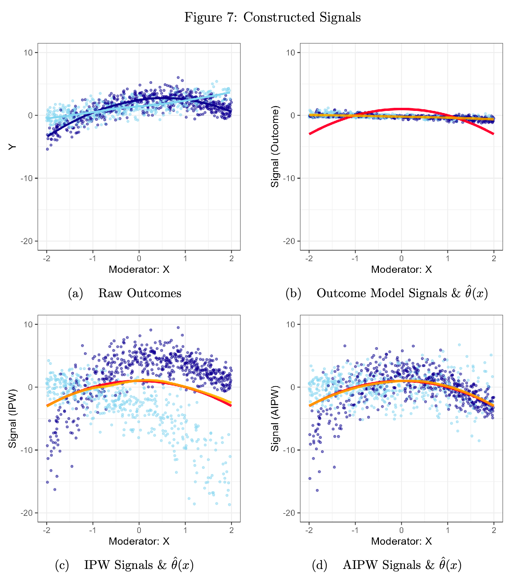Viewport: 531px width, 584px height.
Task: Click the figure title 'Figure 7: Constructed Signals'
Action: coord(272,17)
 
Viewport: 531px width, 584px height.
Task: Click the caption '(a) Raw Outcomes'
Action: coord(125,293)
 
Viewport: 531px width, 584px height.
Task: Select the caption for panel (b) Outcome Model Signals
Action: coord(386,293)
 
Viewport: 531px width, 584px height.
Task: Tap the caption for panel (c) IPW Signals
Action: coord(124,565)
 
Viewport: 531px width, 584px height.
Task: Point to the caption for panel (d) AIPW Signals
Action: coord(386,565)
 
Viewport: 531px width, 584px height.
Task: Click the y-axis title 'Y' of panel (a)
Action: coord(13,147)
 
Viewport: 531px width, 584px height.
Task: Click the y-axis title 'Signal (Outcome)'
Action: coord(275,147)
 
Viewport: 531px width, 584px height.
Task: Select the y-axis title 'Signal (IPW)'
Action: coord(13,418)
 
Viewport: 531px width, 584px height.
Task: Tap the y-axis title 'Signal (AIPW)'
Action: coord(275,418)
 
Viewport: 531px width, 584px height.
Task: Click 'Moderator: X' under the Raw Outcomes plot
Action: coord(139,270)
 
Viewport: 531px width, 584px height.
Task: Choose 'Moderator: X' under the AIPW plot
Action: coord(402,541)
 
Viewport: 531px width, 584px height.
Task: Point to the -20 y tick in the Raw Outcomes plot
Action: coord(27,241)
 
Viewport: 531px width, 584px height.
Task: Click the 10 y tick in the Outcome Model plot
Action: coord(291,53)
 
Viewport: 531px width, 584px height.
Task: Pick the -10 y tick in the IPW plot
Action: coord(27,450)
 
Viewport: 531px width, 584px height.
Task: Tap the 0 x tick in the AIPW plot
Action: coord(402,530)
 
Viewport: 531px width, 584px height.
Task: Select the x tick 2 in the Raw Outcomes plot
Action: coord(232,259)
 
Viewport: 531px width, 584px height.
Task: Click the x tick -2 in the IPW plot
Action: coord(46,530)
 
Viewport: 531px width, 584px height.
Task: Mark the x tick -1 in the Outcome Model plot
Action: coord(355,259)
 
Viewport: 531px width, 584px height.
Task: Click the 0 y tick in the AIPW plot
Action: coord(293,387)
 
